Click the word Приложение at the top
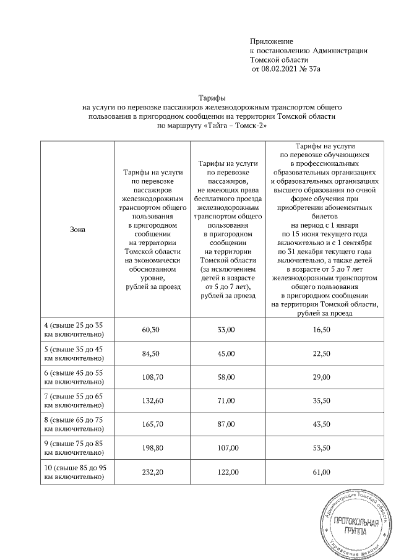coord(270,41)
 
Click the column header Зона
coord(77,230)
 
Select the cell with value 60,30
coord(151,330)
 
